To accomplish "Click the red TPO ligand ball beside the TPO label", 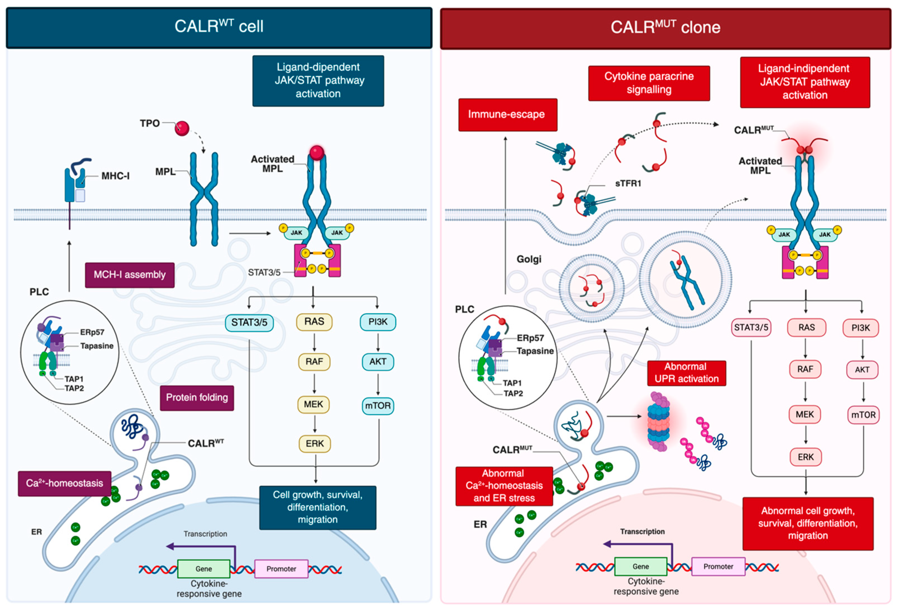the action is coord(182,128).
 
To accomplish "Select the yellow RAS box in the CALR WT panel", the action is coord(314,322).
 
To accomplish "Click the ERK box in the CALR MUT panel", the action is coord(806,457).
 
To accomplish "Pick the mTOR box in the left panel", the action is coord(378,406).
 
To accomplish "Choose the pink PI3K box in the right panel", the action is coord(861,328).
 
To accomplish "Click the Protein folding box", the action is coord(197,398).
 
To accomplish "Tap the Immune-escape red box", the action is coord(508,115).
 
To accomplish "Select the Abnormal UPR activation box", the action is coord(687,373).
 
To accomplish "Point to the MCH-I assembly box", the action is coord(130,275).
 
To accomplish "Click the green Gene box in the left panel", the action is coord(204,569).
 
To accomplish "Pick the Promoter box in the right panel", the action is coord(718,566).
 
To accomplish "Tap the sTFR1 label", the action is coord(628,183).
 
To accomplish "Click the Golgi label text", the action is coord(529,260).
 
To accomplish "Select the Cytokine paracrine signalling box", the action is coord(649,83).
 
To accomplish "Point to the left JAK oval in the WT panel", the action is coord(296,233).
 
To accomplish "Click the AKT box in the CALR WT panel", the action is coord(378,362).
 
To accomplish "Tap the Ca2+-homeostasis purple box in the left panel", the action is coord(64,483).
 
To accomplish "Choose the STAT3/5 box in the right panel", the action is coord(751,328).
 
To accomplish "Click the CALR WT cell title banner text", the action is coord(219,27).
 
